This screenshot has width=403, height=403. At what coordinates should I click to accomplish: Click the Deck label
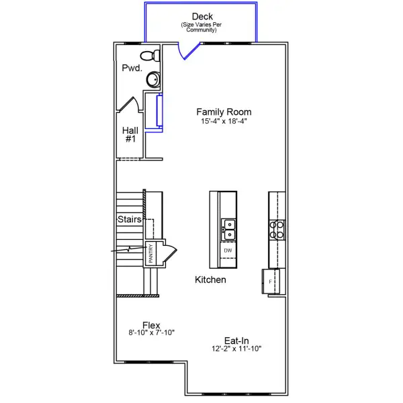tap(202, 16)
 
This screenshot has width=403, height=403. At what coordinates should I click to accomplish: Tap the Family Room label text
tap(224, 111)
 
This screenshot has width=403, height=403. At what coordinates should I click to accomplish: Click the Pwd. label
tap(131, 69)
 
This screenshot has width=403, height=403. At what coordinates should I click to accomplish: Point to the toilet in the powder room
tap(150, 54)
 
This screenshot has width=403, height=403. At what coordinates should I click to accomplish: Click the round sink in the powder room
tap(154, 79)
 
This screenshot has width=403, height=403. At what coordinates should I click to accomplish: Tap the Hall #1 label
tap(130, 134)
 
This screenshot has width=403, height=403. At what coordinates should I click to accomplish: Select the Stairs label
tap(129, 220)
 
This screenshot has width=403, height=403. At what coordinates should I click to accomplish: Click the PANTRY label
tap(151, 253)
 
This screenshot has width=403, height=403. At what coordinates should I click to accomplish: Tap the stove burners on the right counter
tap(277, 230)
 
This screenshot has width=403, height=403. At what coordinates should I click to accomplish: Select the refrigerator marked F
tap(270, 281)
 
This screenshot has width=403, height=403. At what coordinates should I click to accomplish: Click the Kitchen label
tap(210, 279)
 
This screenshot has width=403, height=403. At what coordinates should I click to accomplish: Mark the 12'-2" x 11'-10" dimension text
tap(236, 349)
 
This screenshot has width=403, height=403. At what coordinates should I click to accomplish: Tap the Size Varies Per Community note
tap(202, 28)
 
